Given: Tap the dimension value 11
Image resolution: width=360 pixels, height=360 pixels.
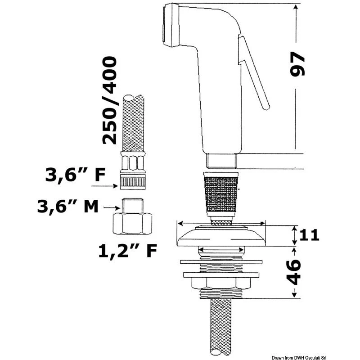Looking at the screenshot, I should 308,235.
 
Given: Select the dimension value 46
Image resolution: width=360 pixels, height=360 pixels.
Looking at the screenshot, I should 294,272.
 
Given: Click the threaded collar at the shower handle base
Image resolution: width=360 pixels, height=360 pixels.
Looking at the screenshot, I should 220,160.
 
